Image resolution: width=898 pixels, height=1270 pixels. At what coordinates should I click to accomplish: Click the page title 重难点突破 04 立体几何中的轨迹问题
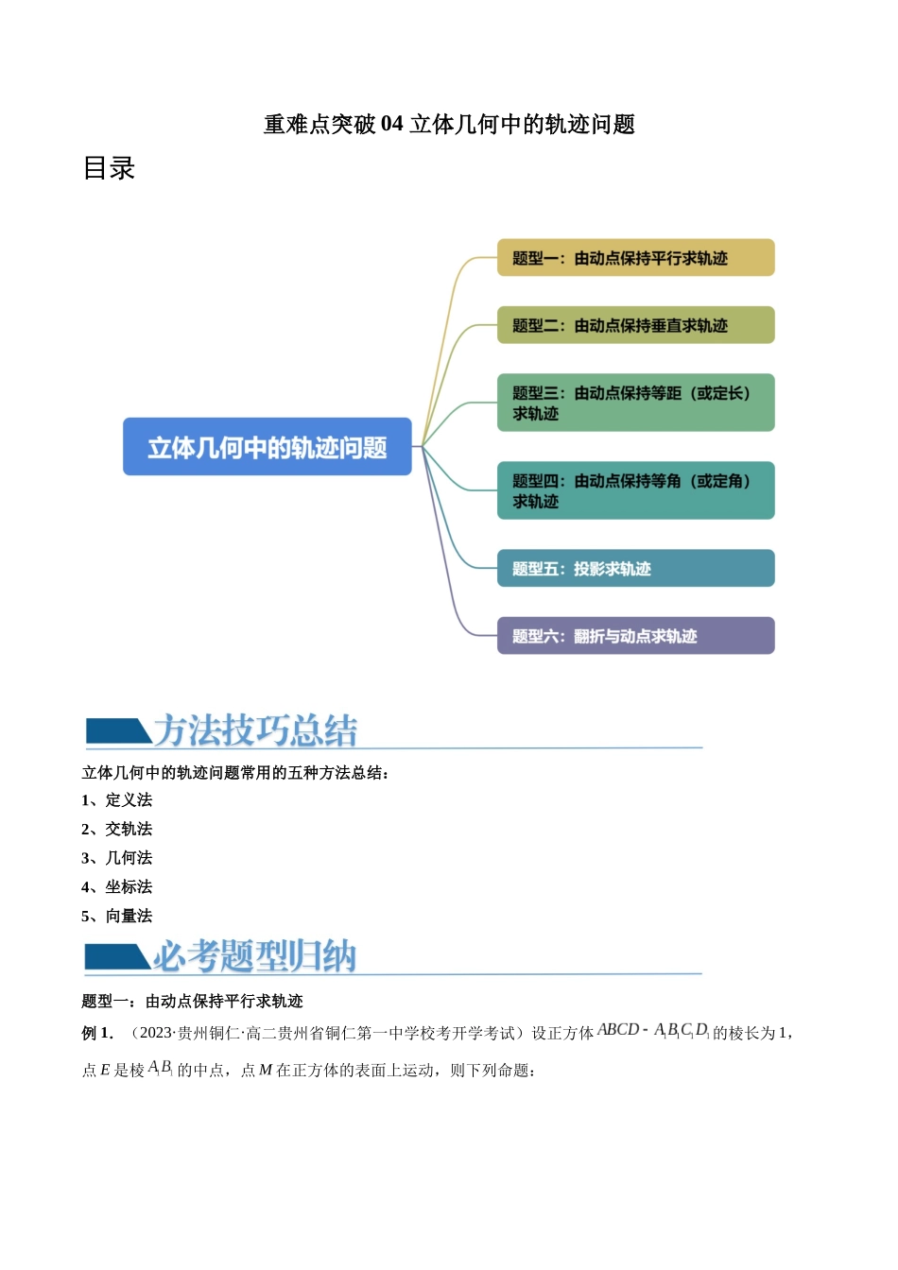tap(448, 125)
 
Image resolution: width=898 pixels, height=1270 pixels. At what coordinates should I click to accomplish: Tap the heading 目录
tap(109, 168)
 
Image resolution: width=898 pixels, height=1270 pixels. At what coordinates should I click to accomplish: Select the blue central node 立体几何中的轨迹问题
tap(268, 447)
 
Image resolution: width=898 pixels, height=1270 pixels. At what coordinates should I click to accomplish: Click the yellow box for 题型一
tap(635, 258)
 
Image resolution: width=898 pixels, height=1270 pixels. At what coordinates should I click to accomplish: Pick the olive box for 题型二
tap(635, 325)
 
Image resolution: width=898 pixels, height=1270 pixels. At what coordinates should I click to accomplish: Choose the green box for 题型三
tap(635, 403)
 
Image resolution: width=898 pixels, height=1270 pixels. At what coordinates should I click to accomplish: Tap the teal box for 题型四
tap(635, 490)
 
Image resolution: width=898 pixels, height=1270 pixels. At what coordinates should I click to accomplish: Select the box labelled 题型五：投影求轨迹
tap(635, 569)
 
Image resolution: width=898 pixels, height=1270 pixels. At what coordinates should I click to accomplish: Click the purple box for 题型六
tap(635, 636)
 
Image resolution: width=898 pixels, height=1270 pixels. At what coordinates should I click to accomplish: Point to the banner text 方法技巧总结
tap(255, 730)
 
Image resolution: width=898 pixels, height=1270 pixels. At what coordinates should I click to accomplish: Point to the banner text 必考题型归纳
tap(255, 956)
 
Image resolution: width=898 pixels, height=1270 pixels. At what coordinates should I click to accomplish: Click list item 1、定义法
tap(117, 800)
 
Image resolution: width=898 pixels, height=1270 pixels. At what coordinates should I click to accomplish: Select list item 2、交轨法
tap(117, 829)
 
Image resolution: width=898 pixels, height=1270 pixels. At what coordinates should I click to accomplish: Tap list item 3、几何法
tap(117, 858)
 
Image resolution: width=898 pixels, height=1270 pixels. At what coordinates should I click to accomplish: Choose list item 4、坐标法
tap(117, 886)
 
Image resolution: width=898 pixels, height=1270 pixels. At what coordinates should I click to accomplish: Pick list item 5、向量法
tap(117, 916)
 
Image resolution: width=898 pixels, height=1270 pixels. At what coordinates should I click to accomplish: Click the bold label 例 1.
tap(97, 1033)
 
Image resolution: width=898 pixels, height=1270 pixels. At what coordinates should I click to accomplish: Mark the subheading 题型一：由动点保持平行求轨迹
tap(192, 1001)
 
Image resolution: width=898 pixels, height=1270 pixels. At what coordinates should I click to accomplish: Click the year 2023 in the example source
tap(155, 1033)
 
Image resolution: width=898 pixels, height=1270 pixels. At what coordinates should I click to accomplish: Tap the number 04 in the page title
tap(391, 125)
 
